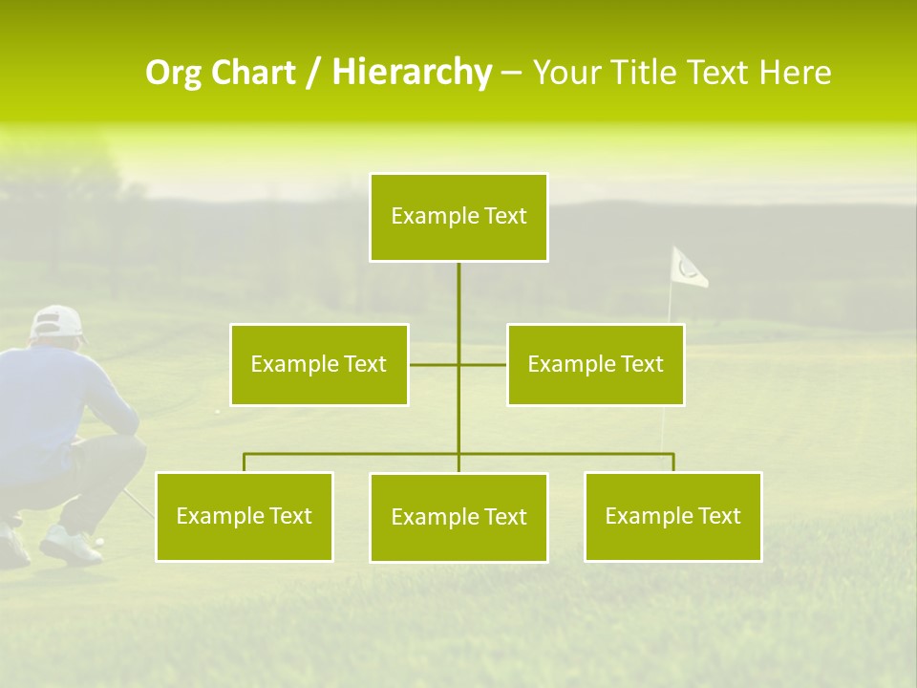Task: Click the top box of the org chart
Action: (x=458, y=217)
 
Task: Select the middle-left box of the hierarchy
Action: (x=319, y=364)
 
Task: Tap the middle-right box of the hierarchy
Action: (x=595, y=364)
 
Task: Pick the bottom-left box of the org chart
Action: (x=244, y=516)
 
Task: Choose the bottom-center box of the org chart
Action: (x=458, y=517)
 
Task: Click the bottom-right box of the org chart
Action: (x=672, y=516)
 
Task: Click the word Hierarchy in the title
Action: (x=412, y=73)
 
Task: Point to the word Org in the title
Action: (x=174, y=73)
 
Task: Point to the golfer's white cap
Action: (x=56, y=322)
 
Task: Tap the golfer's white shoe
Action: (x=69, y=546)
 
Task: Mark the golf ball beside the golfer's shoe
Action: (x=99, y=541)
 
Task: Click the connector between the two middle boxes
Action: (x=458, y=364)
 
